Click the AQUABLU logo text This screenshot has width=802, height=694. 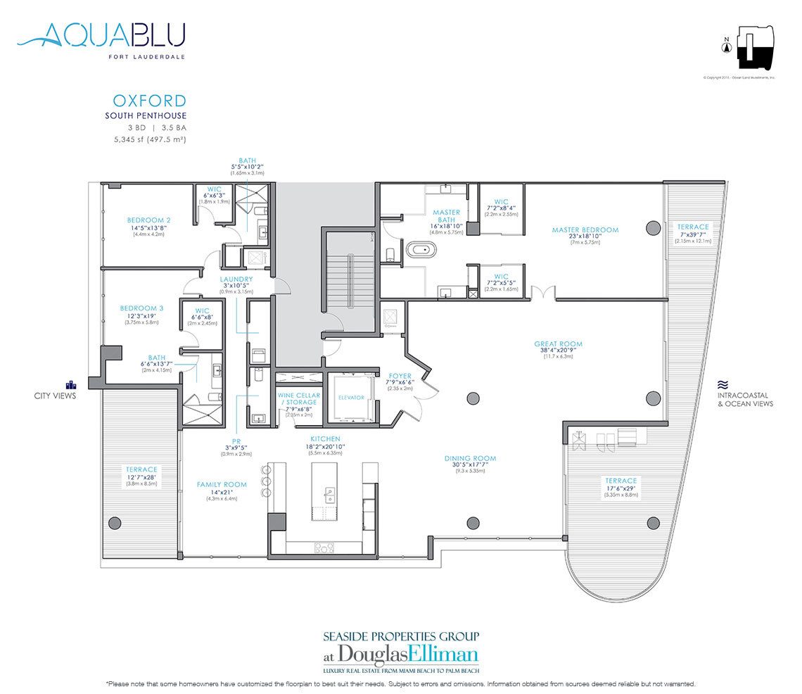pyautogui.click(x=102, y=34)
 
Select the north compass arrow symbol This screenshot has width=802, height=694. pyautogui.click(x=726, y=48)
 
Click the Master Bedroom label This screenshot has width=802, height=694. pyautogui.click(x=585, y=229)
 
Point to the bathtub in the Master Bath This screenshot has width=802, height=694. pyautogui.click(x=421, y=248)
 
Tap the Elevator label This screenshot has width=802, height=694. pyautogui.click(x=351, y=398)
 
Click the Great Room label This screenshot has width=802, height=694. pyautogui.click(x=558, y=344)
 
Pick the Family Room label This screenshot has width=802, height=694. pyautogui.click(x=221, y=484)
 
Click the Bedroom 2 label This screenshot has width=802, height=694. pyautogui.click(x=148, y=220)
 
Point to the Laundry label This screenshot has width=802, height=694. pyautogui.click(x=236, y=279)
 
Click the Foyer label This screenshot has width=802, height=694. pyautogui.click(x=400, y=376)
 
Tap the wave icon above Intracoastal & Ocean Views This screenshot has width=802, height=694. pyautogui.click(x=722, y=385)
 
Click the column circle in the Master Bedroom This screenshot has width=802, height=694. pyautogui.click(x=652, y=227)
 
